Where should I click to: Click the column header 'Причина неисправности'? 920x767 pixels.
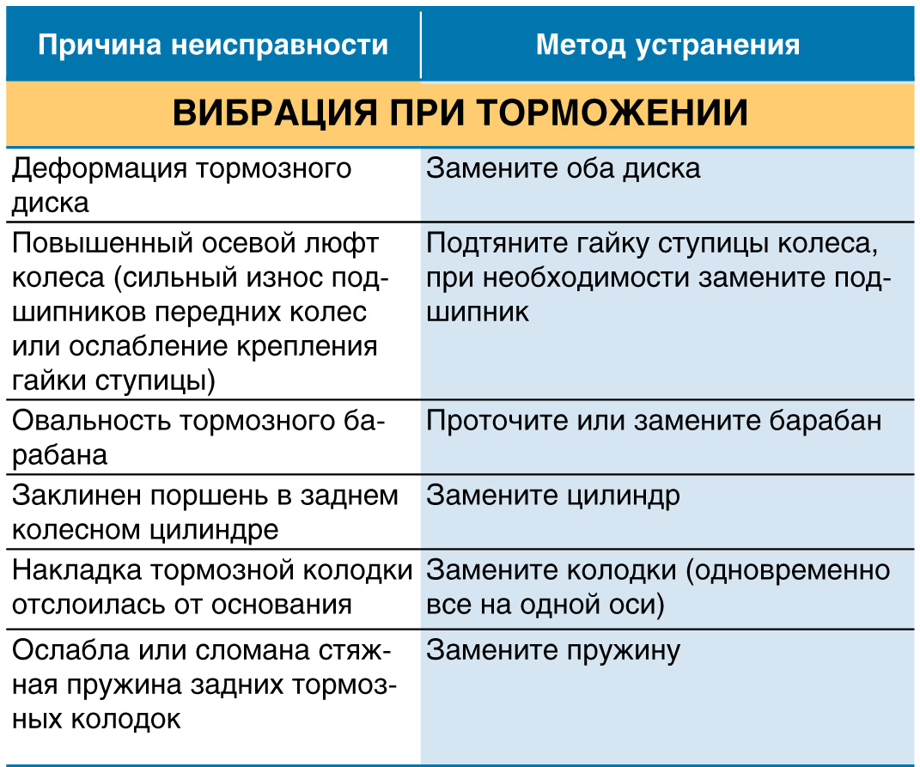coord(213,45)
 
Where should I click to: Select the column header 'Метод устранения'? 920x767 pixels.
coord(667,45)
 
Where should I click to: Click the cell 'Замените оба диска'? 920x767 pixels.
coord(564,168)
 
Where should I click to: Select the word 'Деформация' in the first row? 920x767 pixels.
coord(99,169)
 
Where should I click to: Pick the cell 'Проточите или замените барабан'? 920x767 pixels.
coord(654,422)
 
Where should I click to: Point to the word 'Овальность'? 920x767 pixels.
coord(92,421)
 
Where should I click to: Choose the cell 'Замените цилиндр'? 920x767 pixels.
coord(553,496)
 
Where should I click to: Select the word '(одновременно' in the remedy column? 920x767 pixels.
coord(788,571)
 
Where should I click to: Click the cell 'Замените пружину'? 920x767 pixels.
coord(553,651)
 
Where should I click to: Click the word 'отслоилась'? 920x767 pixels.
coord(88,605)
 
